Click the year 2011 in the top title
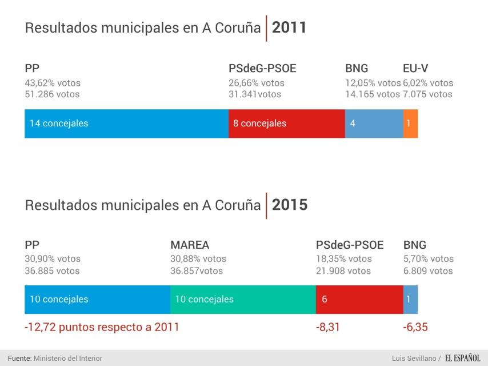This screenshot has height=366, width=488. point(289,27)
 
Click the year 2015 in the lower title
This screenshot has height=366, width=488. point(289,205)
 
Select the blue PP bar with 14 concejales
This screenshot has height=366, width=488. point(126,123)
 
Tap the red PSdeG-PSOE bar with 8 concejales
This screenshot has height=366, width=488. point(286,123)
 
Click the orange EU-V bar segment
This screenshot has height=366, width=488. point(410,123)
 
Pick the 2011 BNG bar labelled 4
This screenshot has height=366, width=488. point(374,123)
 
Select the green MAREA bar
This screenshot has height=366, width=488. point(243,299)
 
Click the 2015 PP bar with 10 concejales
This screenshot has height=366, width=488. point(97,299)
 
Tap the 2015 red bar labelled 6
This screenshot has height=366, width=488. point(359,299)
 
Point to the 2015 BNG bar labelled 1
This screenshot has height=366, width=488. point(410,299)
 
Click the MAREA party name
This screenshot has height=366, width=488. point(190,245)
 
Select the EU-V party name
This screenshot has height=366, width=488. point(416,69)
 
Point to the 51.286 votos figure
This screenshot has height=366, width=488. point(52,94)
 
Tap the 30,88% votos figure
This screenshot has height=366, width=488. point(198,259)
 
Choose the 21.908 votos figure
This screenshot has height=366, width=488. point(343,271)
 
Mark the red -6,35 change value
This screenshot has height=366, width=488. point(415,328)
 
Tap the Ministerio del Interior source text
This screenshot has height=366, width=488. point(68,358)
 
